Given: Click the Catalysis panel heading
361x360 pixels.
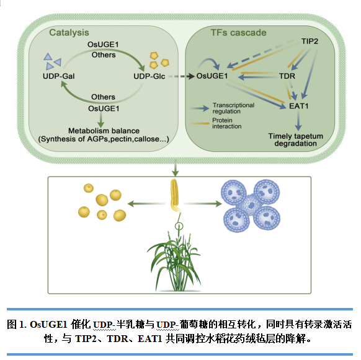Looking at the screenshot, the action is [69, 33].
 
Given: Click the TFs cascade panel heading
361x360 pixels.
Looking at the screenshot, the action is [239, 33].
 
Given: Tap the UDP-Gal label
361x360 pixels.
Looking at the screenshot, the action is [59, 76].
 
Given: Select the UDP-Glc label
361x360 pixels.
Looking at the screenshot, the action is [149, 76].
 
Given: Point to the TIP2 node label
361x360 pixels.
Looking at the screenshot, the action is [310, 42].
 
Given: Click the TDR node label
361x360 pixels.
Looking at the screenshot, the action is [287, 76].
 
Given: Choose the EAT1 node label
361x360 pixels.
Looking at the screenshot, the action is [298, 106].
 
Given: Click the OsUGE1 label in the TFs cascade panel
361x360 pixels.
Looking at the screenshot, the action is [212, 76].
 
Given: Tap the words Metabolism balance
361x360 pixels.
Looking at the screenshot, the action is [104, 131].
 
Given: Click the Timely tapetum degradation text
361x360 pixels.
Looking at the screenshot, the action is [296, 139].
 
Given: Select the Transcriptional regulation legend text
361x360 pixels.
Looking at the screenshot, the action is [233, 108].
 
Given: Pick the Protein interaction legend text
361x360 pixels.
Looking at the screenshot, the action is [227, 123].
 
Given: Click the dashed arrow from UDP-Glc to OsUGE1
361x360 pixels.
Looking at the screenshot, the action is [181, 76].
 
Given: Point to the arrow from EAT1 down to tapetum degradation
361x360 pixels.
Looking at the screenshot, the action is [298, 121].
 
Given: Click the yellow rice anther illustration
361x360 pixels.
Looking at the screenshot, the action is [175, 196].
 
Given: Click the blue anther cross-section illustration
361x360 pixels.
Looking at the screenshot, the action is [251, 205].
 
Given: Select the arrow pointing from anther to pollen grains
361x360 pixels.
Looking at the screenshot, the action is [146, 204].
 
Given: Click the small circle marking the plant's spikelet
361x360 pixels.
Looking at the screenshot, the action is [179, 226].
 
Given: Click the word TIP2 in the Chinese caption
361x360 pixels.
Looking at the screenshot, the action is [86, 339].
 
